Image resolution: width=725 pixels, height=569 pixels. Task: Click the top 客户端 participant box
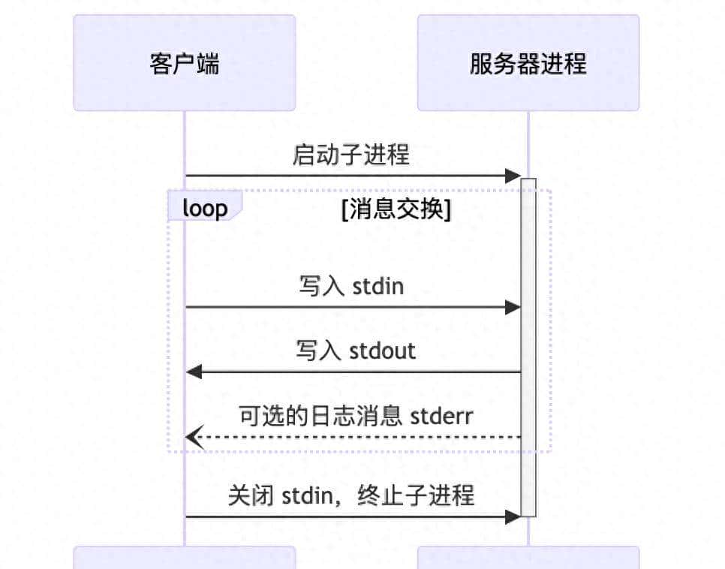(184, 63)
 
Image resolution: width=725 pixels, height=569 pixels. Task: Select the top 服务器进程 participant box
(528, 63)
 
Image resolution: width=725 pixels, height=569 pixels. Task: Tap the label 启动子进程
(351, 155)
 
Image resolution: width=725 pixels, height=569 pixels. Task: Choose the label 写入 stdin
(351, 286)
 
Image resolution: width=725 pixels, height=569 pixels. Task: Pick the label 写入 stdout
(355, 351)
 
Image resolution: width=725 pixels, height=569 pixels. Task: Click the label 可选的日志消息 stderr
(356, 415)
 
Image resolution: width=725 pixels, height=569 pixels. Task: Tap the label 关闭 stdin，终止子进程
(351, 495)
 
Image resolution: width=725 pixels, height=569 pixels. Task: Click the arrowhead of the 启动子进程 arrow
(513, 176)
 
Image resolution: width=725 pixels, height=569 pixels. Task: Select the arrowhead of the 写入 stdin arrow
(513, 307)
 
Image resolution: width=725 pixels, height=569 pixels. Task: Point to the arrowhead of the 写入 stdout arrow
(194, 372)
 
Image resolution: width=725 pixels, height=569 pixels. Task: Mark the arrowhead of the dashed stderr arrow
(194, 437)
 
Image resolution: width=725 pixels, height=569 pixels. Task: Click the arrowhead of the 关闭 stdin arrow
(513, 516)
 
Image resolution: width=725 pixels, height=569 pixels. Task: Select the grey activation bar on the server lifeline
(528, 345)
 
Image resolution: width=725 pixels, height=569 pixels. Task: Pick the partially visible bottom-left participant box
(184, 558)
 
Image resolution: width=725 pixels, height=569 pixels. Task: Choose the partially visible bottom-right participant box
(528, 558)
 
